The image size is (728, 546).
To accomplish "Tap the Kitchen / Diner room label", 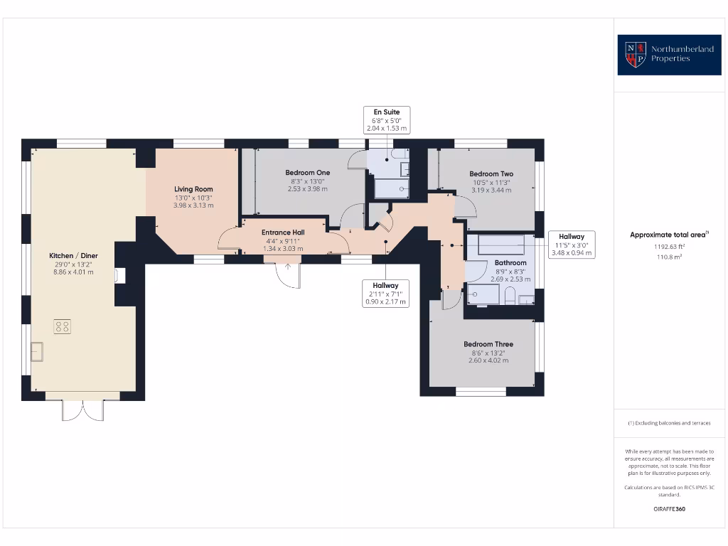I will [73, 255].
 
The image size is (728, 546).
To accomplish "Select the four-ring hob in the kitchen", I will [63, 326].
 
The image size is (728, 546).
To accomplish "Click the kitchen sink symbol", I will [36, 351].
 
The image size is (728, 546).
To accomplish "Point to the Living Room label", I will [193, 189].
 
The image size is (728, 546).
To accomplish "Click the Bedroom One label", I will [307, 173].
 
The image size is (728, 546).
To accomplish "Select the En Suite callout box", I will [387, 120].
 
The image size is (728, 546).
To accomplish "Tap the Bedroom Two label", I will [491, 173].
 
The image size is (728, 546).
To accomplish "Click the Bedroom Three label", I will [488, 344].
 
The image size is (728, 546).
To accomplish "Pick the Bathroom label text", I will [510, 262].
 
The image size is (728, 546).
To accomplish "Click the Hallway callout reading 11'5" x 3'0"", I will [572, 245].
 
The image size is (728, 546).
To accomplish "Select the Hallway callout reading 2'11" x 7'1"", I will [385, 293].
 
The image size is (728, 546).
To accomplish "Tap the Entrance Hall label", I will [283, 232].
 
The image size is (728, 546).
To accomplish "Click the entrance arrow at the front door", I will [288, 267].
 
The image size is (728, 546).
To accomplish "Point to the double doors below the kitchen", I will [83, 410].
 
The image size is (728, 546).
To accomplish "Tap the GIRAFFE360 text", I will [668, 509].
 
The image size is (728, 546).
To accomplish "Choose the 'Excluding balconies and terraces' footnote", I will [668, 423].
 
